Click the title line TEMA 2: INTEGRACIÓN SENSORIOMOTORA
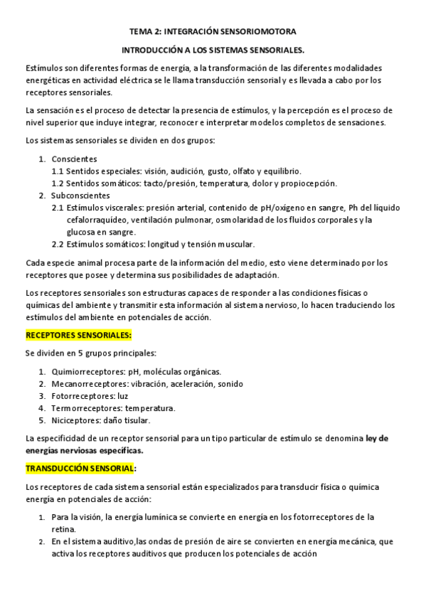(213, 32)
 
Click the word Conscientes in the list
(74, 159)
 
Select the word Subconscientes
(80, 195)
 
